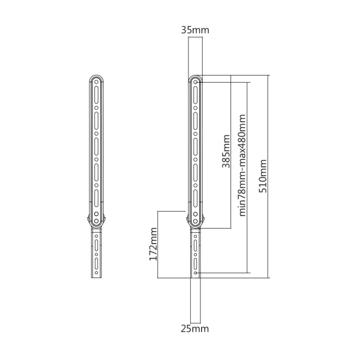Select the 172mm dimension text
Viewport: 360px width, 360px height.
coord(153,244)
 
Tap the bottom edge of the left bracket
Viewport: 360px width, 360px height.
coord(96,279)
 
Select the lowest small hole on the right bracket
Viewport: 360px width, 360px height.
coord(196,273)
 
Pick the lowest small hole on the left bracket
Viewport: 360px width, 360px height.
coord(96,273)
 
